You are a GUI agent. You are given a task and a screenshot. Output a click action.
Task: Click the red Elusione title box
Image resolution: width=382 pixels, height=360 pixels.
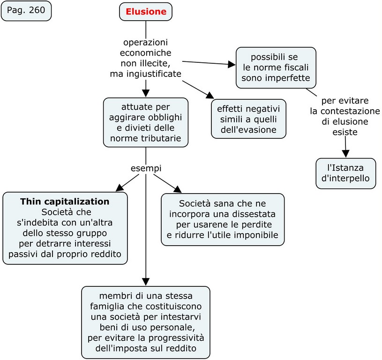146,12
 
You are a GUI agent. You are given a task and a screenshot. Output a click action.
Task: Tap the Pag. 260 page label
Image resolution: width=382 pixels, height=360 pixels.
26,11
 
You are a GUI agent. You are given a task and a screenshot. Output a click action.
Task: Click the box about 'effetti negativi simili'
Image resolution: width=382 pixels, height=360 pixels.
248,119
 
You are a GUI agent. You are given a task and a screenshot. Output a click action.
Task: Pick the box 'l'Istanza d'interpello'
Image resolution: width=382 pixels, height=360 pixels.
345,173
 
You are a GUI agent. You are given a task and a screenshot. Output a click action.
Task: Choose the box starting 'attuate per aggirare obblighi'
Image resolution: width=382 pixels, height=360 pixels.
146,121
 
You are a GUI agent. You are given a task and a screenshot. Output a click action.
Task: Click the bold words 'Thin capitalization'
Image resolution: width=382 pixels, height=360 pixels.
65,202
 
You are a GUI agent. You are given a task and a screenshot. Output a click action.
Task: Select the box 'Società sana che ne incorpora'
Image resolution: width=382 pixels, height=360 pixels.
223,219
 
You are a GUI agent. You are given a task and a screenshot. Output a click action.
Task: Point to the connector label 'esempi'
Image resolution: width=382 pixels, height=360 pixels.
146,168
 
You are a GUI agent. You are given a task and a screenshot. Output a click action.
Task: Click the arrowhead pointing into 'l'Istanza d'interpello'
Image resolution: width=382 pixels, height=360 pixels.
346,153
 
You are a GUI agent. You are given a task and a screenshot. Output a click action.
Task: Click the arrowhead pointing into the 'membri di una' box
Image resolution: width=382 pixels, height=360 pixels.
146,281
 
